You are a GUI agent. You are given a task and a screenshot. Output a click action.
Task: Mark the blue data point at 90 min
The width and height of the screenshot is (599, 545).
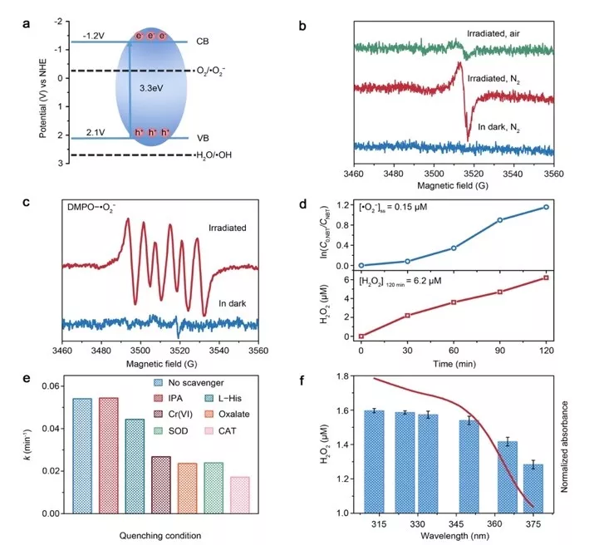click(500, 220)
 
